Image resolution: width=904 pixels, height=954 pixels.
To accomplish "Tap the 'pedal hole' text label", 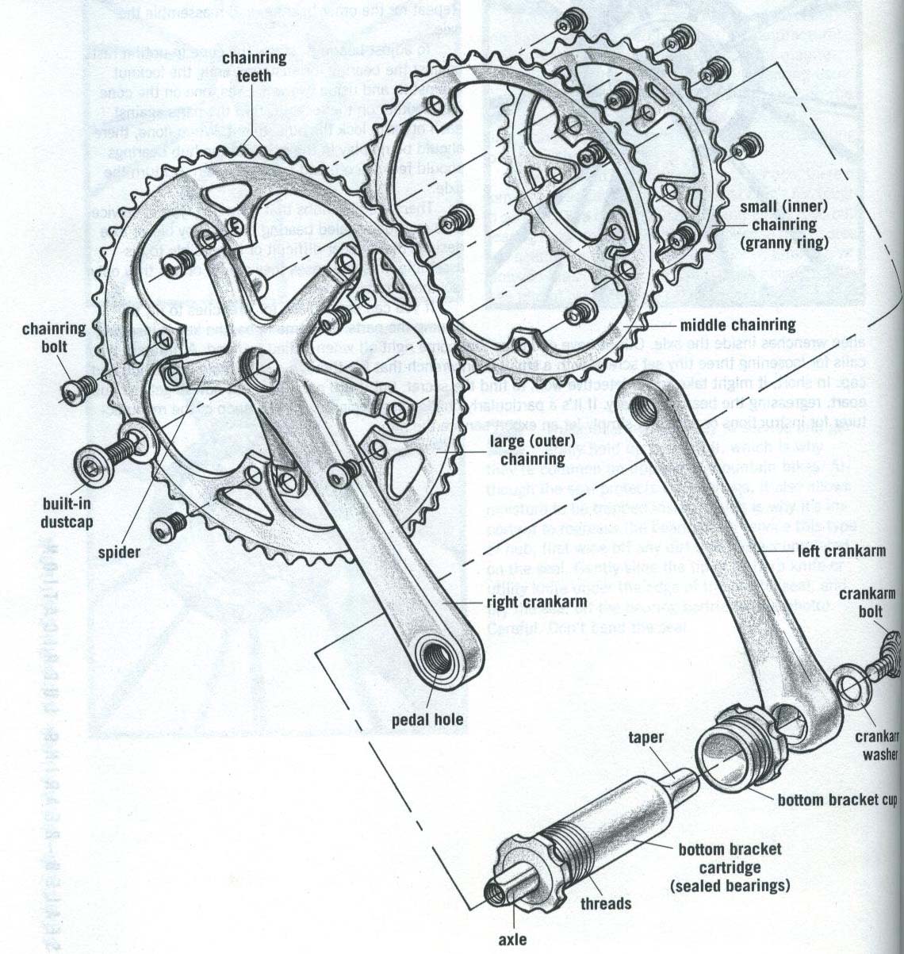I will pyautogui.click(x=427, y=721).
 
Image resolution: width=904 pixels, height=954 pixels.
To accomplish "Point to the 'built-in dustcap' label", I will pyautogui.click(x=67, y=512).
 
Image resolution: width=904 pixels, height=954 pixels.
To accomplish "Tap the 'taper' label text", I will pyautogui.click(x=645, y=738).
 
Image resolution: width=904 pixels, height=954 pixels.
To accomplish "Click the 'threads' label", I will pyautogui.click(x=605, y=903).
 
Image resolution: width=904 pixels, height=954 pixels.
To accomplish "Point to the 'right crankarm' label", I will pyautogui.click(x=529, y=603).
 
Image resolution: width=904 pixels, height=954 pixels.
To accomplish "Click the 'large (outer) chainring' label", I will pyautogui.click(x=527, y=449).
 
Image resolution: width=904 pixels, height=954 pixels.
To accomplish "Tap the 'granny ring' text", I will pyautogui.click(x=783, y=243).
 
